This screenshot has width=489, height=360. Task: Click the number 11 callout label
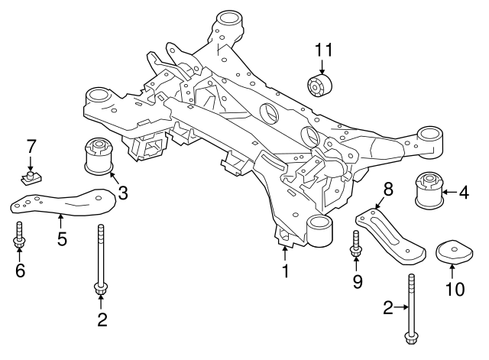324,50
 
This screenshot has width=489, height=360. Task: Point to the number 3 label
123,193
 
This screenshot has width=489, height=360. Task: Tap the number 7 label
31,147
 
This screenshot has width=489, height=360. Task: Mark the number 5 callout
62,238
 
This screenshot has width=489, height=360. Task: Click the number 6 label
19,270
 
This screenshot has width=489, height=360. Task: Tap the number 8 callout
387,190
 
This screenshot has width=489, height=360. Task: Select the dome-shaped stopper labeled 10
451,254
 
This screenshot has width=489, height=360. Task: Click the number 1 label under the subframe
285,271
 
